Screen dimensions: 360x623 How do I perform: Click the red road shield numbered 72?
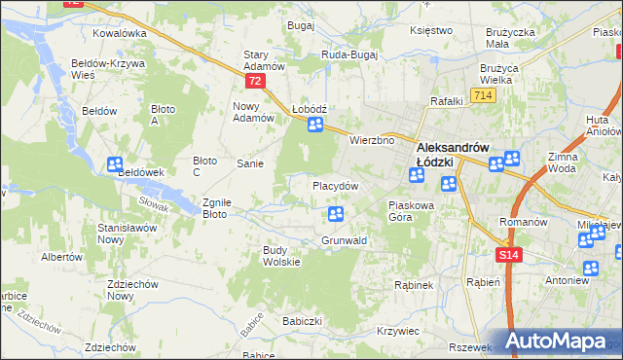point(255,83)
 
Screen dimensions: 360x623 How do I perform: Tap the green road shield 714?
point(481,95)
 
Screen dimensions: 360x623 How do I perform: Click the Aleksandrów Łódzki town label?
point(458,147)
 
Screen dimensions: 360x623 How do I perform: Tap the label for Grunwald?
point(343,239)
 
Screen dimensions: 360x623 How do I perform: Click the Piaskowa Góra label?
point(415,211)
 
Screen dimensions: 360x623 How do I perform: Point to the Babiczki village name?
point(302,320)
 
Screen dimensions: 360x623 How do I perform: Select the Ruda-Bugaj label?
point(348,55)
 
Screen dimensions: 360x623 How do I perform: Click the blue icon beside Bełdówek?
point(115,165)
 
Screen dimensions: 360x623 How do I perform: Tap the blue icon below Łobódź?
point(314,125)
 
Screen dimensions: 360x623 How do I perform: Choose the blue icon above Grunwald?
point(336,214)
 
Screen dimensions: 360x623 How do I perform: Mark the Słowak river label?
point(154,202)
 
